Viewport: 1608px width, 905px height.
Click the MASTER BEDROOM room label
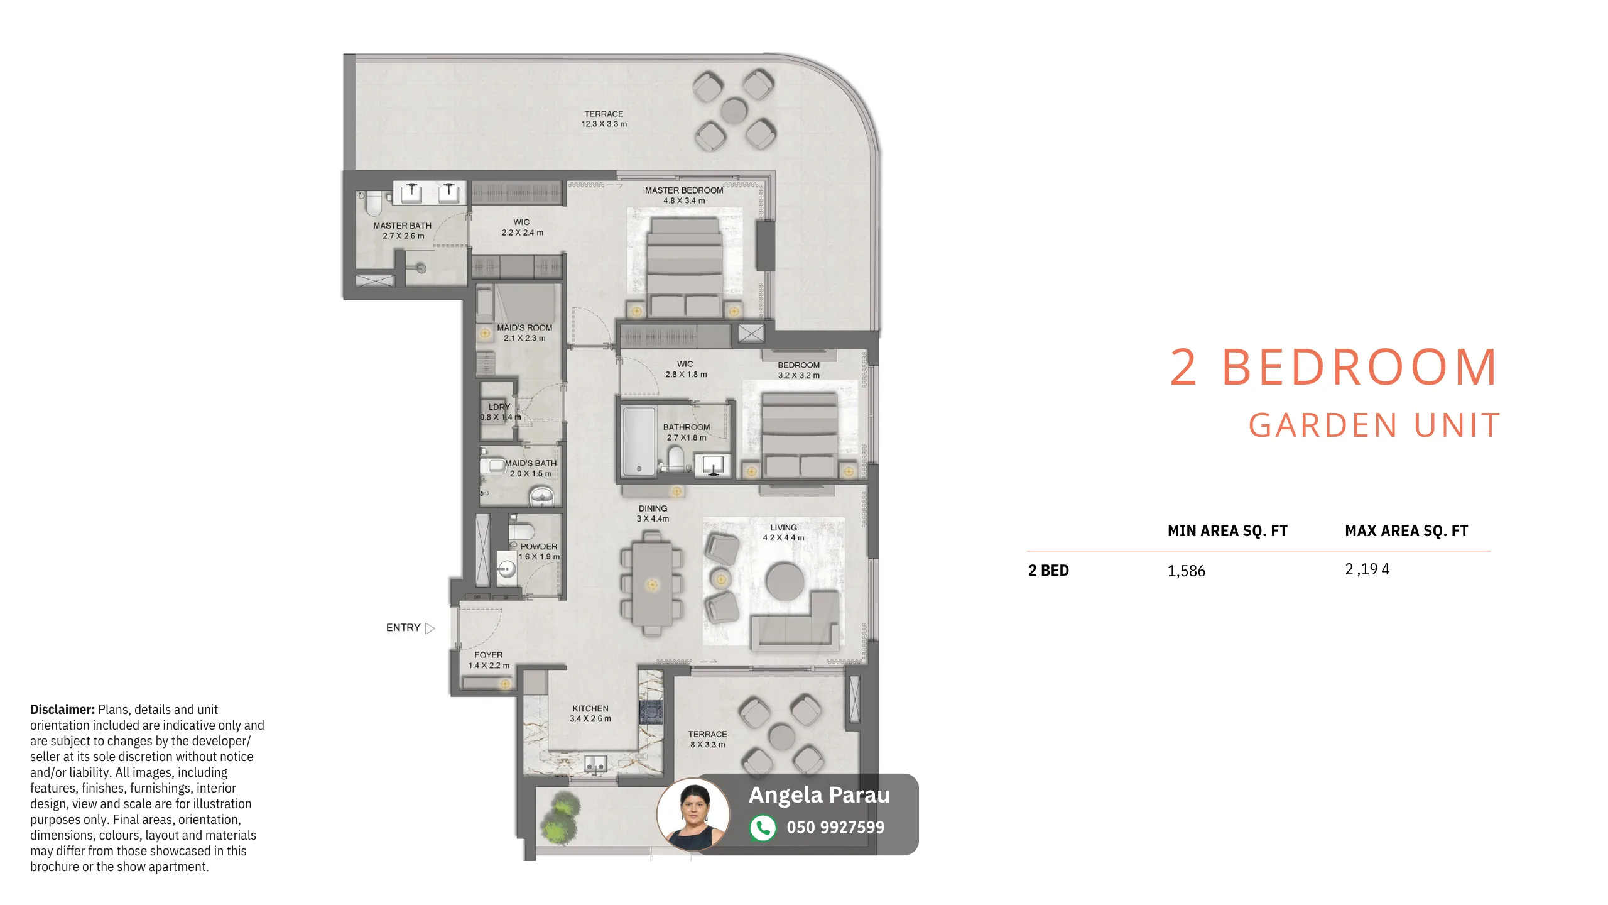[684, 190]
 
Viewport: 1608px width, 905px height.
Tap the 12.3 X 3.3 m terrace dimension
[604, 124]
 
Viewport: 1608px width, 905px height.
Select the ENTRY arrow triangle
[430, 628]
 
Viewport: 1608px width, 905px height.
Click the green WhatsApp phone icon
[763, 828]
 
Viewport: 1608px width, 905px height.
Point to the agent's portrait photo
[693, 814]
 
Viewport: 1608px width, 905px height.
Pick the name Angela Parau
[819, 795]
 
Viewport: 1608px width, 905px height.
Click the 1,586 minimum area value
[1186, 571]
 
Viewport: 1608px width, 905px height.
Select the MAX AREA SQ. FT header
[1406, 531]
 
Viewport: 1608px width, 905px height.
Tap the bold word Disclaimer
[62, 710]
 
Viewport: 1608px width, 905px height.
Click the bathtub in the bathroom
[639, 441]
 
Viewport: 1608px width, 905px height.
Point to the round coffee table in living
[785, 581]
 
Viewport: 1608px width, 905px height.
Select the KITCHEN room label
[590, 708]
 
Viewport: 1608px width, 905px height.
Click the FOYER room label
[489, 655]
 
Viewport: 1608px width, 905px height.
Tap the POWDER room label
[539, 547]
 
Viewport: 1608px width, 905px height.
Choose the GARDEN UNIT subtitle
[1374, 425]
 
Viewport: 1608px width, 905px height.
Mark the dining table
[653, 584]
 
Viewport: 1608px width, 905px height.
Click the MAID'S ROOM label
[524, 327]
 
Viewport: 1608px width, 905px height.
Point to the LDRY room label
[499, 407]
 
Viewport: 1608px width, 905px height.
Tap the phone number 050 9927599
[835, 828]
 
